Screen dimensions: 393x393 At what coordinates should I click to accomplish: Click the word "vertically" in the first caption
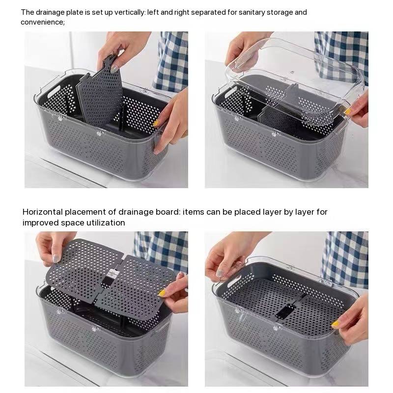(130, 13)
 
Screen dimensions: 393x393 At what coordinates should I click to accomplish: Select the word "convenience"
(43, 22)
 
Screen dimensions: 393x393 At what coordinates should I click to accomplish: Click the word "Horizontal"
(43, 212)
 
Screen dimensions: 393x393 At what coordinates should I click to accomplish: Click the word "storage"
(279, 13)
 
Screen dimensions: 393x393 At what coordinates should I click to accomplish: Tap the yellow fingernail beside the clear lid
(347, 112)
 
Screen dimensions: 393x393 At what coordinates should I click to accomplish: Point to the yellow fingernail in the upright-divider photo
(156, 123)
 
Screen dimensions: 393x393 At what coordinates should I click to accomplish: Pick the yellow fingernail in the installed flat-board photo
(335, 324)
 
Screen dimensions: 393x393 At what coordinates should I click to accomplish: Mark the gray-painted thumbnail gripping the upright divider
(114, 68)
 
